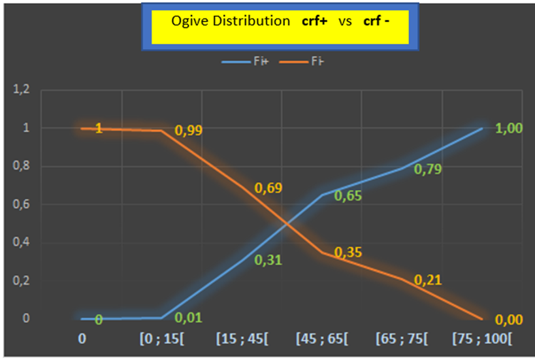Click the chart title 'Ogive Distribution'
point(230,22)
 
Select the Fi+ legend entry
point(244,63)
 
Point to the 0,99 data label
point(188,130)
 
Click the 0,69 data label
point(268,189)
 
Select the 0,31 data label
point(268,260)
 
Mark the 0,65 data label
point(348,195)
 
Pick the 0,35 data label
point(348,252)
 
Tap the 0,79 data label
point(428,170)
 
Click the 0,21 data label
point(428,280)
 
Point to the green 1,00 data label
point(510,129)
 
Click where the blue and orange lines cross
point(285,225)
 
